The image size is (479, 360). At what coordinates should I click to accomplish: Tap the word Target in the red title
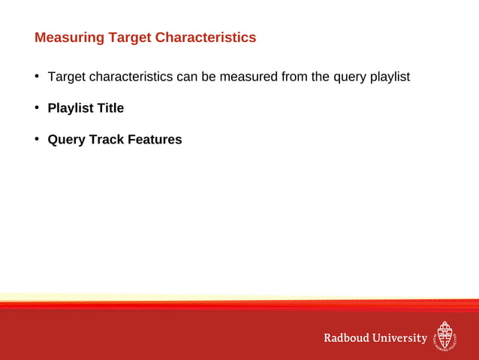click(128, 38)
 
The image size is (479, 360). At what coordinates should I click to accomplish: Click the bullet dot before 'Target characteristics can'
click(36, 77)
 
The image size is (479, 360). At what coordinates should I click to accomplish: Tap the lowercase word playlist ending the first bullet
click(390, 77)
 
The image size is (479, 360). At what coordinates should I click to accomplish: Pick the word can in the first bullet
click(186, 77)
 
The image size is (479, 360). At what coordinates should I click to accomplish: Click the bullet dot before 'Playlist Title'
click(36, 108)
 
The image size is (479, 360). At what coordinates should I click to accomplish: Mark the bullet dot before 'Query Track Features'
click(36, 140)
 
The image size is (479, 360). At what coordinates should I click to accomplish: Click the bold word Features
click(155, 140)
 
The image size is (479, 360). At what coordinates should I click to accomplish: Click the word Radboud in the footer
click(346, 338)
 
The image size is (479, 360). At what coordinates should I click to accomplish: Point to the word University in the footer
click(399, 338)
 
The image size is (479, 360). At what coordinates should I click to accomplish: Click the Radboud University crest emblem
click(445, 337)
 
